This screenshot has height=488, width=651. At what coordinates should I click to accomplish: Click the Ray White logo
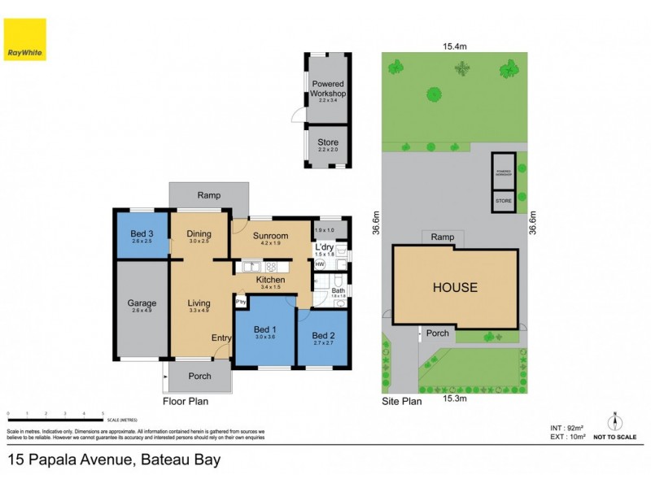25,39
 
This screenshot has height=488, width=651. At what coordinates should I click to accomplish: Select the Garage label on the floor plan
142,304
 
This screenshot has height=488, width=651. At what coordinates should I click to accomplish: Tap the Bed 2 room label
323,336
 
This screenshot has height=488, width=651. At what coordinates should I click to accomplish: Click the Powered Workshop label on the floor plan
328,89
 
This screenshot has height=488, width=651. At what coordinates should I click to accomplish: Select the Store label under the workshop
328,142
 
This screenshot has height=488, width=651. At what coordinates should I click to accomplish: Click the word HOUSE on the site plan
455,288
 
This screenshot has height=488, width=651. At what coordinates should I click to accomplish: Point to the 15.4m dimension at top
455,46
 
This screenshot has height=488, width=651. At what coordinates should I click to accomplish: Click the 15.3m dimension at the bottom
455,399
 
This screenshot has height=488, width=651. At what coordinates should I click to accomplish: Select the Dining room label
199,235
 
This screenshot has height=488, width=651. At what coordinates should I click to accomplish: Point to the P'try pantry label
241,302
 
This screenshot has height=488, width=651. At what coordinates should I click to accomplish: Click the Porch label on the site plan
438,333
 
